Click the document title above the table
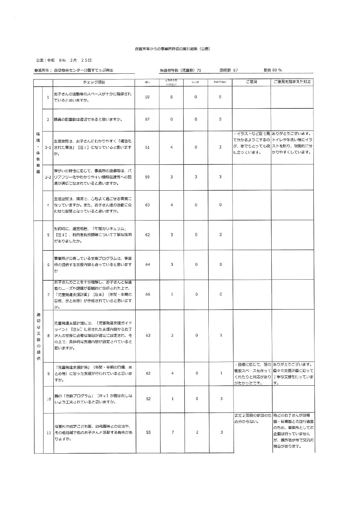point(173,49)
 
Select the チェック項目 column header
point(94,82)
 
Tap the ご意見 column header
point(251,82)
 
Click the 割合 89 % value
point(273,70)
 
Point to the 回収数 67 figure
point(229,70)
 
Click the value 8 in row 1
point(171,97)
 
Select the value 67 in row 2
point(148,119)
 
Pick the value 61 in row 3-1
point(148,147)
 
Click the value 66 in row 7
point(148,295)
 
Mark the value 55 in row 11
point(148,432)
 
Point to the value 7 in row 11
point(173,432)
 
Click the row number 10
point(48,399)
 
